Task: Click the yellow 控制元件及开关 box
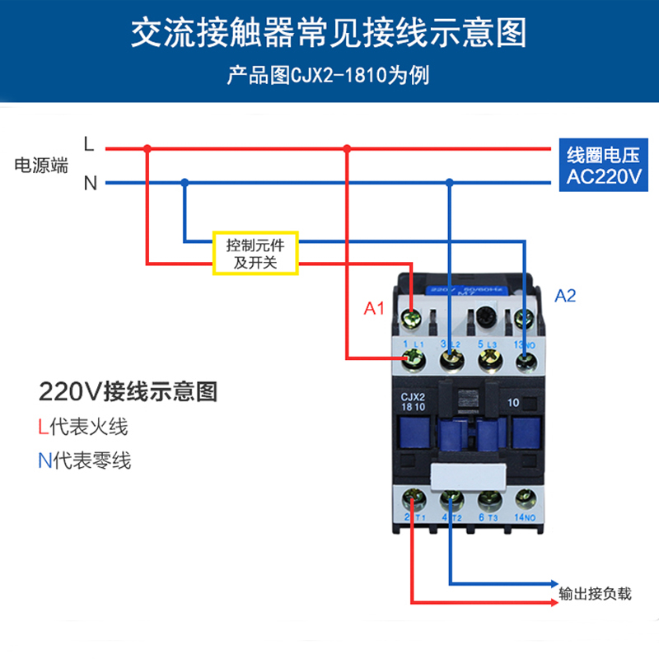[x=255, y=254]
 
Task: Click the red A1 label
[x=375, y=309]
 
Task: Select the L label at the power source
[x=90, y=144]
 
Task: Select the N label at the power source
[x=90, y=183]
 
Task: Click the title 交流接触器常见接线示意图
[x=329, y=35]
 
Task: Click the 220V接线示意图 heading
[x=128, y=391]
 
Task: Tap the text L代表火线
[x=82, y=427]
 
